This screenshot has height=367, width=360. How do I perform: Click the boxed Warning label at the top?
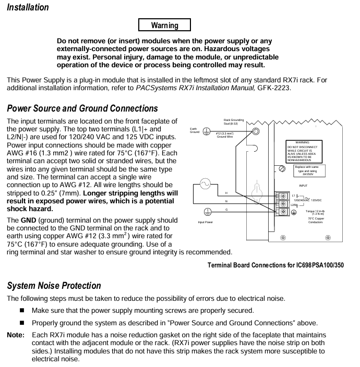[164, 25]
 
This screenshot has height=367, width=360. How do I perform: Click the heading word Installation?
[28, 7]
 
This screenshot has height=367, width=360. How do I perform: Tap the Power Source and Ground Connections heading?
[82, 108]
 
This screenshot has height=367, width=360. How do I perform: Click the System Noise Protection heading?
[54, 286]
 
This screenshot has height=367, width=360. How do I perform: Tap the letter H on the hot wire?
[226, 193]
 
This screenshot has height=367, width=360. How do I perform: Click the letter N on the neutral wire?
[226, 201]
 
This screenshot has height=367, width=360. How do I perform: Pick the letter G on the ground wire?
[226, 209]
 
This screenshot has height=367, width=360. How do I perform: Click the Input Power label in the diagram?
[205, 222]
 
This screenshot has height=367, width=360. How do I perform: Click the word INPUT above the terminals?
[303, 186]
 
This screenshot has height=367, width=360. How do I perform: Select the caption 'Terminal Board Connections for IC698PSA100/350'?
[275, 265]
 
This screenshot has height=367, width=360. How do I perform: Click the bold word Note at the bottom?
[15, 335]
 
